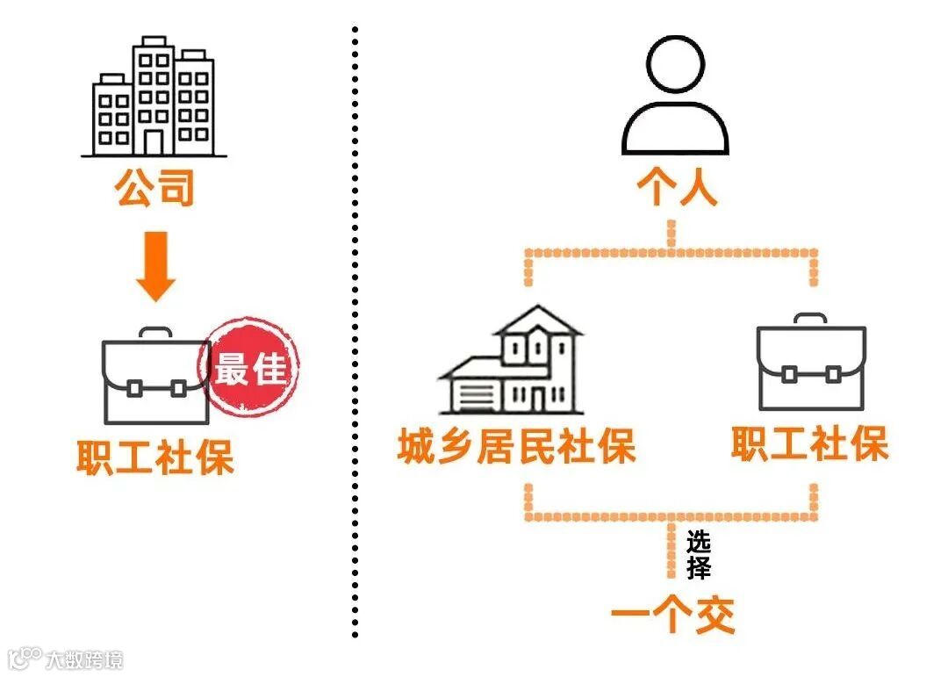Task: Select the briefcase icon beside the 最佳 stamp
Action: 154,377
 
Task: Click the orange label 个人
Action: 675,188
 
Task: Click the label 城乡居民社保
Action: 515,448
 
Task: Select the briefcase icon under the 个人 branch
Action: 811,364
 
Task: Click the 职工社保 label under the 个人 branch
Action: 809,444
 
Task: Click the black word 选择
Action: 699,553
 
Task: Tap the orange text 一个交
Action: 673,616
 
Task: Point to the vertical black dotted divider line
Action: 355,334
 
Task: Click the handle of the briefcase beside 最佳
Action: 154,334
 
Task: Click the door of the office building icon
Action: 154,142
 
